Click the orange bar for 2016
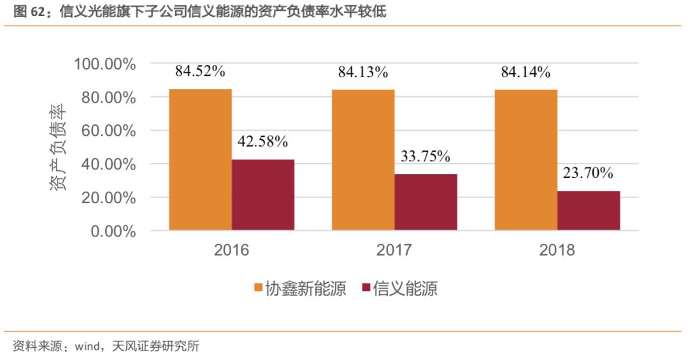200,159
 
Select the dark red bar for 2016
263,194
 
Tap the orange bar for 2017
363,159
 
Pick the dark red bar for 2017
426,201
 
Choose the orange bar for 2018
526,159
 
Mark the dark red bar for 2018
589,210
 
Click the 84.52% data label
200,71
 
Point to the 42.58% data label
263,141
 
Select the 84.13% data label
363,73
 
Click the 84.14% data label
526,73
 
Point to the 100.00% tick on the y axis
105,64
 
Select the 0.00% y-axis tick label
113,231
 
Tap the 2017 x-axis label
394,250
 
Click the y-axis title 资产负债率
59,147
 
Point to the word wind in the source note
89,347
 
